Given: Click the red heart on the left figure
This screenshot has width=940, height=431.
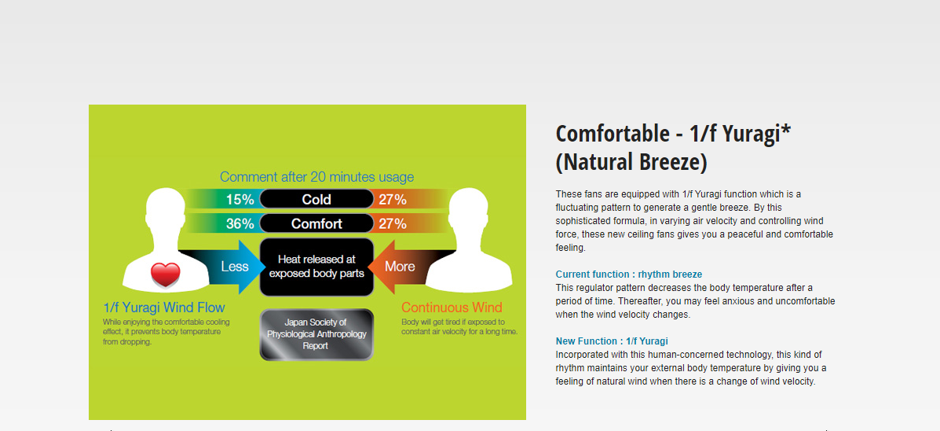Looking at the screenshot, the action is [166, 275].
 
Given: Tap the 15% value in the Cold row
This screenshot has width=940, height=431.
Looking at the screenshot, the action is [240, 199].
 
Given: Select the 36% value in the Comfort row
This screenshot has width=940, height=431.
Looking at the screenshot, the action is [240, 224].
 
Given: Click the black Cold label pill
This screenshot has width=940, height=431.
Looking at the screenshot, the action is [316, 199].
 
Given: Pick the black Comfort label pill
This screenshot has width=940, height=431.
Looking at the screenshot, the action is [316, 224].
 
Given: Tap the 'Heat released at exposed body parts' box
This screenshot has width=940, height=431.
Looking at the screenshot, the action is [316, 267].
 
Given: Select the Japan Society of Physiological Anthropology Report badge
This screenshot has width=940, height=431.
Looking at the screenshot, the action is [316, 334].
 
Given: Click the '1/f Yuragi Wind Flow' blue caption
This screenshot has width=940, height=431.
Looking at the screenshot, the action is [163, 308].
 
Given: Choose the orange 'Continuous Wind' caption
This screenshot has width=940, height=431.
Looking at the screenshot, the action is [452, 308].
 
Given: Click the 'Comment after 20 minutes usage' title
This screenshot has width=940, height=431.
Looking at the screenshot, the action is [316, 177].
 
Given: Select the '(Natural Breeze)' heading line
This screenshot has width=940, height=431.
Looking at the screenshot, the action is [631, 162].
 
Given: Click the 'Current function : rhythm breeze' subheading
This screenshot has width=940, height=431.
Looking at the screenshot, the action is [629, 274].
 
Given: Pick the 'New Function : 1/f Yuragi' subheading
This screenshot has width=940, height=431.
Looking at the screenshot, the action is [612, 341].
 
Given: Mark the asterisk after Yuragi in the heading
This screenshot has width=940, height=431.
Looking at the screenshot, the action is [786, 129].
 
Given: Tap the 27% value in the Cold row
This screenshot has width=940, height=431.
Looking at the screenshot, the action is [393, 199].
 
